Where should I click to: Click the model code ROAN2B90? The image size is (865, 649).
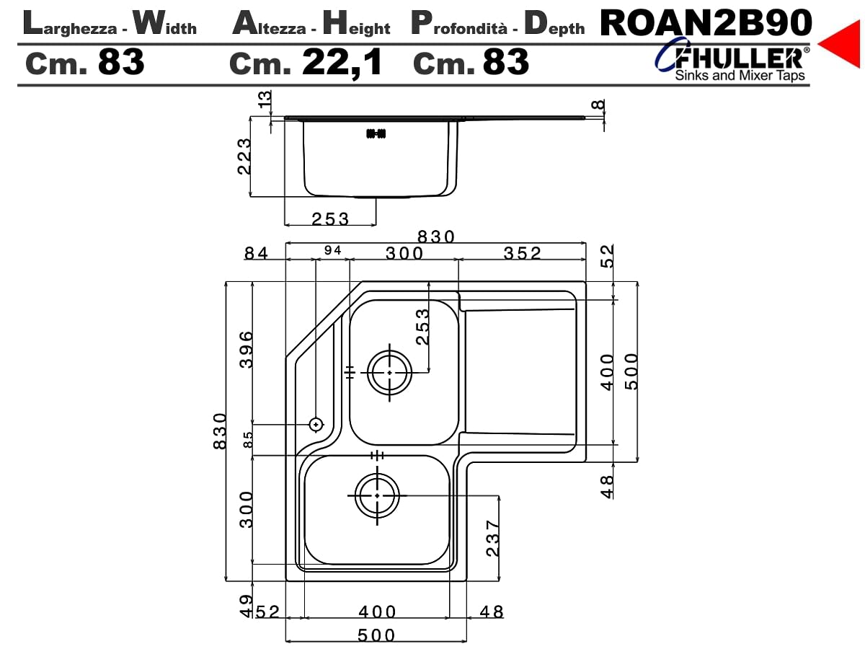tap(706, 23)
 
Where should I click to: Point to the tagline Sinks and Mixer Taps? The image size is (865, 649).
tap(740, 75)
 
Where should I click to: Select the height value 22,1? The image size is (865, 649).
tap(342, 62)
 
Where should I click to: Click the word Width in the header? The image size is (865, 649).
tap(165, 24)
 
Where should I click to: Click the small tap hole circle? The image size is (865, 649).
tap(316, 425)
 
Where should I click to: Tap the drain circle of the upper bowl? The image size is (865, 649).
tap(390, 372)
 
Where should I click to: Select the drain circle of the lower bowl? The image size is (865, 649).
tap(377, 495)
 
